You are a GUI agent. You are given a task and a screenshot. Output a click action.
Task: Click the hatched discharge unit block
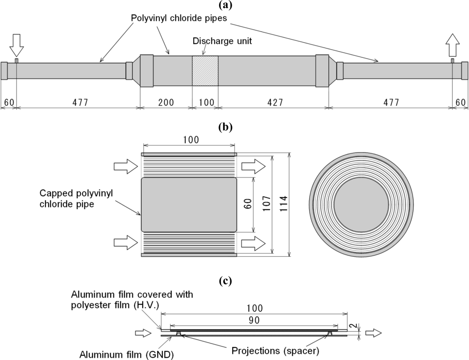pos(205,71)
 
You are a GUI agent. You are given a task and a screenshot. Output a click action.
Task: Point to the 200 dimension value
pos(166,102)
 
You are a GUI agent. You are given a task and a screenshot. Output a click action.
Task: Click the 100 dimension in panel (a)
pos(205,102)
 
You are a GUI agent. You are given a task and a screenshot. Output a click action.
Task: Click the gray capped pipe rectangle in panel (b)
pos(189,204)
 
